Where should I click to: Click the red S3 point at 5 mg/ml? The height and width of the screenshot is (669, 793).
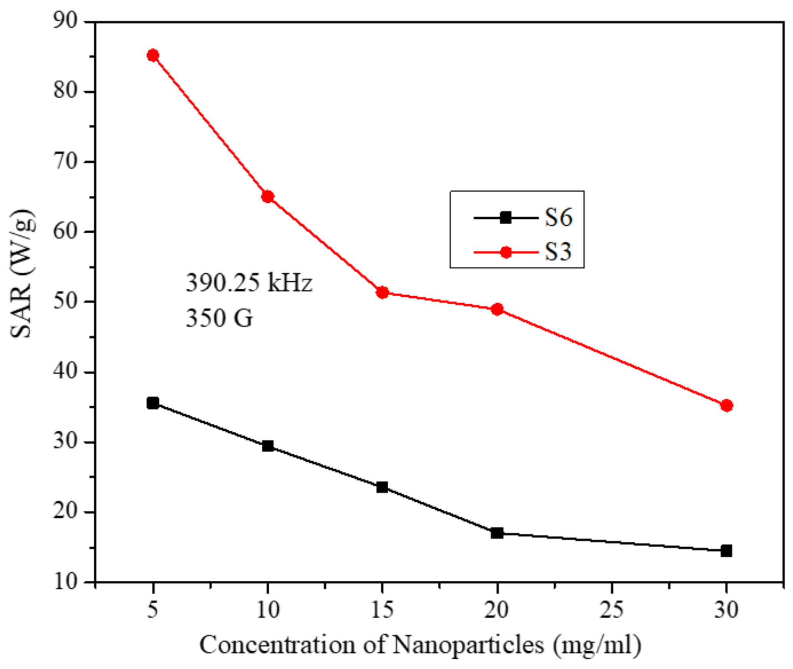(x=153, y=56)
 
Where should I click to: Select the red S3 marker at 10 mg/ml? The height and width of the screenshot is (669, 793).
(x=267, y=197)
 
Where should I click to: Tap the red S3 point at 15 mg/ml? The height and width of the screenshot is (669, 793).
(x=382, y=293)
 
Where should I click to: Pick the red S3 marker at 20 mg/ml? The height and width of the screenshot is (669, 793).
(x=497, y=309)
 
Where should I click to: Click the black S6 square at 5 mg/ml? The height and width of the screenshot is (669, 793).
(x=153, y=403)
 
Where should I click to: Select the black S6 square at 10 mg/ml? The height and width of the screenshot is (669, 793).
(x=267, y=446)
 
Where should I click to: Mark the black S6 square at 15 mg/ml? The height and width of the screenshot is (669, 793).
(x=382, y=487)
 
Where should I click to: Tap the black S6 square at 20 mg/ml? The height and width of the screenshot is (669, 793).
(x=497, y=533)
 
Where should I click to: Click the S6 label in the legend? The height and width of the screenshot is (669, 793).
(x=559, y=218)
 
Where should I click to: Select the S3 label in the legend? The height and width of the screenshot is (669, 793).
(x=559, y=252)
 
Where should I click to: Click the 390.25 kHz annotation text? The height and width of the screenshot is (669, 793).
(x=249, y=283)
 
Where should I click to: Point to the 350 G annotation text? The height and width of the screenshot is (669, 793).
(x=219, y=318)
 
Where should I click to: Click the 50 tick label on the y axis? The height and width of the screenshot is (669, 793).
(x=66, y=302)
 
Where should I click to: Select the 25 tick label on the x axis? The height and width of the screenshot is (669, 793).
(x=612, y=609)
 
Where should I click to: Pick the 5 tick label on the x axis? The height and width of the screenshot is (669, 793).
(x=153, y=609)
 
